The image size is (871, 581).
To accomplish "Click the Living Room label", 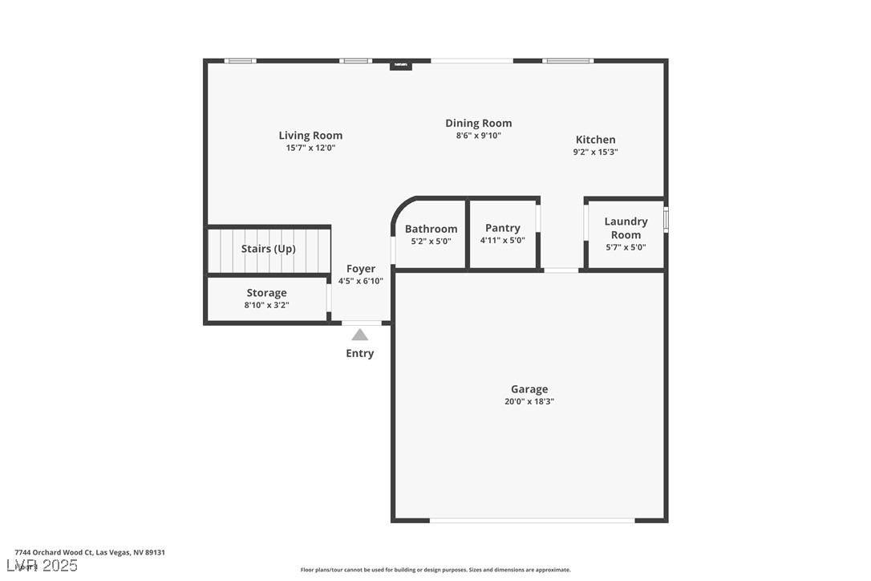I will [310, 136].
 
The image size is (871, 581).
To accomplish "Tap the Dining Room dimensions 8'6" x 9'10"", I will [478, 136].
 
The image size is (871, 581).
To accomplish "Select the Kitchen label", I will [595, 140].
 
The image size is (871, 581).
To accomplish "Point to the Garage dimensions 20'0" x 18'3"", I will [529, 401].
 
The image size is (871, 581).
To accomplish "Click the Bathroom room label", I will [431, 229].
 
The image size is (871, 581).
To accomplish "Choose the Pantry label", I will [502, 228].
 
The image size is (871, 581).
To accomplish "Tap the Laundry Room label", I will [626, 228].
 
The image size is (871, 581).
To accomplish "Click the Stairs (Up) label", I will [269, 249].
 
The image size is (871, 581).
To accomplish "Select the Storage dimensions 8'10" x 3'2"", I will [265, 305].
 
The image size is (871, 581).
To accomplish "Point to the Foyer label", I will [360, 269].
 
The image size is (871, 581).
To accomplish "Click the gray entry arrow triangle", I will [360, 335].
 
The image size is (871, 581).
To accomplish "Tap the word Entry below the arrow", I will [359, 353].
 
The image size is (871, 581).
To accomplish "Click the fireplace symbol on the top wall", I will [400, 65].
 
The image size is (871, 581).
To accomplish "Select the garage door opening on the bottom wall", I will [532, 520].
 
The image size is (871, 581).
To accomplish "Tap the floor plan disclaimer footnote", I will [435, 570].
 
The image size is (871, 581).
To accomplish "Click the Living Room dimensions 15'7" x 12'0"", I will [310, 148].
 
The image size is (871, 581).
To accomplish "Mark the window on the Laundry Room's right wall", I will [666, 219].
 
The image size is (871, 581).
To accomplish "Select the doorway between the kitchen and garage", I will [561, 270].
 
